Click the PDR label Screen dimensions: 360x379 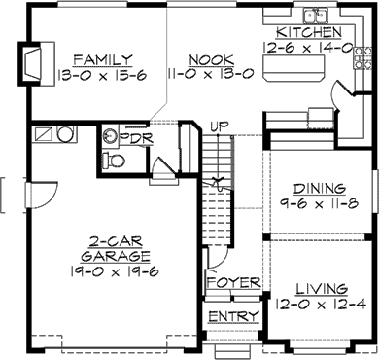pos(134,137)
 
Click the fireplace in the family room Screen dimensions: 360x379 pos(31,62)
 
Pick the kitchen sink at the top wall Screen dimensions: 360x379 pos(314,15)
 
